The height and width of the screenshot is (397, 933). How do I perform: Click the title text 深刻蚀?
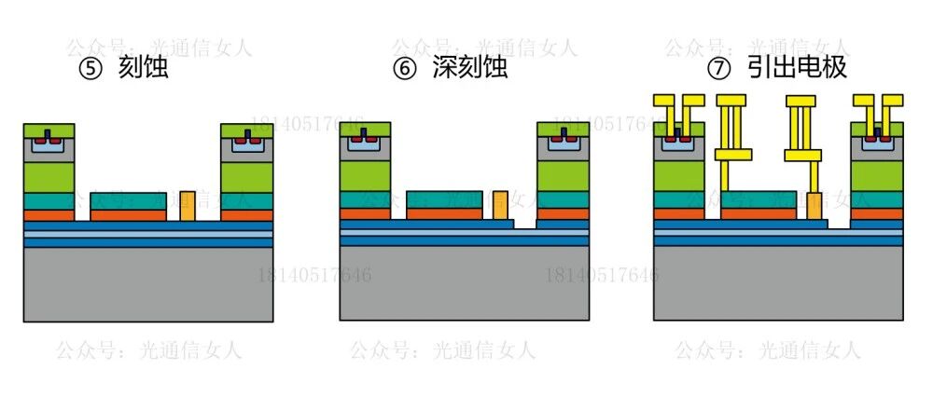(x=470, y=69)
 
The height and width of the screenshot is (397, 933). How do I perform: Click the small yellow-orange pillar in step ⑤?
(x=188, y=206)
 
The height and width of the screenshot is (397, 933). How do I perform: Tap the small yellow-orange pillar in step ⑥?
(x=501, y=206)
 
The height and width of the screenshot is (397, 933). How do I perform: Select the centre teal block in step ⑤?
(x=128, y=200)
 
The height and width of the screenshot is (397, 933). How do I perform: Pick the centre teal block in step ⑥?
(x=444, y=199)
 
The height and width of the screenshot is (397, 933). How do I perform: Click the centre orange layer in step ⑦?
(x=759, y=213)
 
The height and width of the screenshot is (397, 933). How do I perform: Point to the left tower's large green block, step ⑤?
(x=49, y=176)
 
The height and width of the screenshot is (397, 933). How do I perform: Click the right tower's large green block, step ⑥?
(x=563, y=176)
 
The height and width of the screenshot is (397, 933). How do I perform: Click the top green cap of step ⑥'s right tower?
(x=563, y=129)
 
